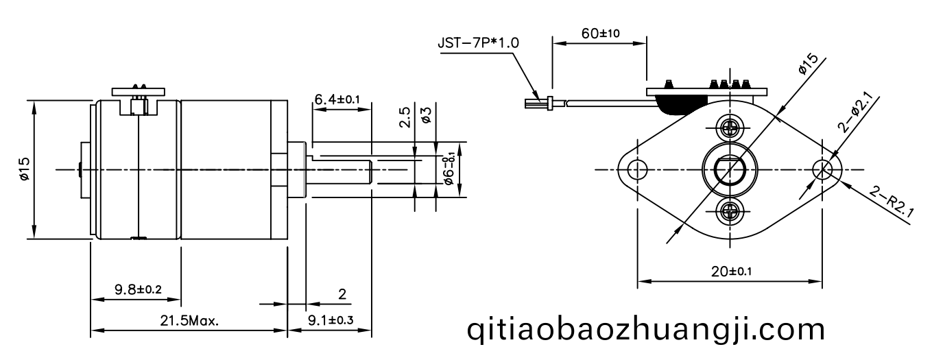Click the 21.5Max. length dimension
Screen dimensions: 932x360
pyautogui.click(x=189, y=321)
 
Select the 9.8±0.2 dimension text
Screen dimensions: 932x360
pyautogui.click(x=138, y=289)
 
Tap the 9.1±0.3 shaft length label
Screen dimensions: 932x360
pyautogui.click(x=331, y=320)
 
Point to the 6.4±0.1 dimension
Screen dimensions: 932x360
pyautogui.click(x=337, y=99)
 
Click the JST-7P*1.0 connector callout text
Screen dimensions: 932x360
pyautogui.click(x=479, y=43)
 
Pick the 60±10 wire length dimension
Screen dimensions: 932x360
pyautogui.click(x=600, y=33)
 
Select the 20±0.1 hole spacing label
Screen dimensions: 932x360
pyautogui.click(x=732, y=272)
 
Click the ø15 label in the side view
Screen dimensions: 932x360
pyautogui.click(x=24, y=168)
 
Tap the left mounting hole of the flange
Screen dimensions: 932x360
pyautogui.click(x=637, y=170)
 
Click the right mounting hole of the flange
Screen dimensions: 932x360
pyautogui.click(x=822, y=170)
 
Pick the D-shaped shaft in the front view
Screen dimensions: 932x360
pyautogui.click(x=730, y=171)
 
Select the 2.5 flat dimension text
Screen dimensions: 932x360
pyautogui.click(x=405, y=117)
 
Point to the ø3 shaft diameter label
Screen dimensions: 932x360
pyautogui.click(x=426, y=115)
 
